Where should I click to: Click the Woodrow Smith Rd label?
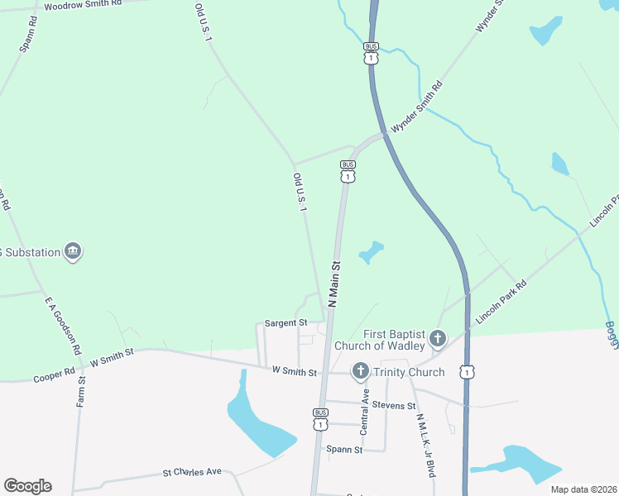[83, 5]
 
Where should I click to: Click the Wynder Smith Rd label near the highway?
[417, 107]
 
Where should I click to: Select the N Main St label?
[335, 285]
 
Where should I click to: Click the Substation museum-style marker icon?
[73, 251]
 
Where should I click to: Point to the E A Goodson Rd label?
[63, 326]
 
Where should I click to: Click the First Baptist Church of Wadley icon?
[438, 338]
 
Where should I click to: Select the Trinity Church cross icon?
[361, 372]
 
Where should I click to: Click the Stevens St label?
[393, 406]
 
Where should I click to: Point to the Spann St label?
[344, 451]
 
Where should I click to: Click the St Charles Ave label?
[192, 473]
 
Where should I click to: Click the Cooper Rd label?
[48, 378]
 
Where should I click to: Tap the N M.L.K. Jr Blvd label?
[425, 446]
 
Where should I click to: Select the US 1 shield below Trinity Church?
[468, 373]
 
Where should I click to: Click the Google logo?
[27, 486]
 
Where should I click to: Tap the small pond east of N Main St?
[372, 252]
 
